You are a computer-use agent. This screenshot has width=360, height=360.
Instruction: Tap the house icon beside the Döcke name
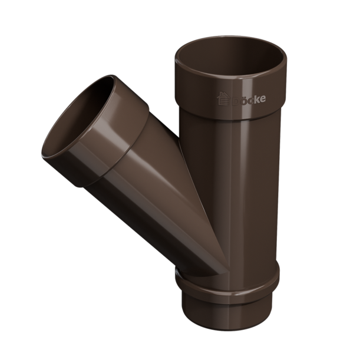pos(223,98)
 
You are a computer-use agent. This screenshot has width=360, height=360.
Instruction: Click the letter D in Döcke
pos(236,101)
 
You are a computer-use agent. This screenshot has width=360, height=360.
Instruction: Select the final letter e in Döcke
pos(263,99)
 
